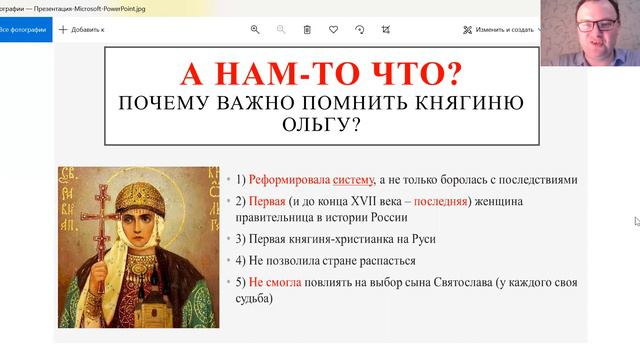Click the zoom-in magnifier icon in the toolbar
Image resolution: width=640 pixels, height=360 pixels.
256,30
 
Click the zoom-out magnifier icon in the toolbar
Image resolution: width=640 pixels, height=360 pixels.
282,30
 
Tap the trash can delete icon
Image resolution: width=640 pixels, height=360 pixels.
308,30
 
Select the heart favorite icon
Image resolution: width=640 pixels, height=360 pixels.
334,30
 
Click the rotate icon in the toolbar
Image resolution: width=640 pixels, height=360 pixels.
360,30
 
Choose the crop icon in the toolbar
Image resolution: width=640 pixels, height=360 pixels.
386,30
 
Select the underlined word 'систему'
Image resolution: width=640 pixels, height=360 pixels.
352,180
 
